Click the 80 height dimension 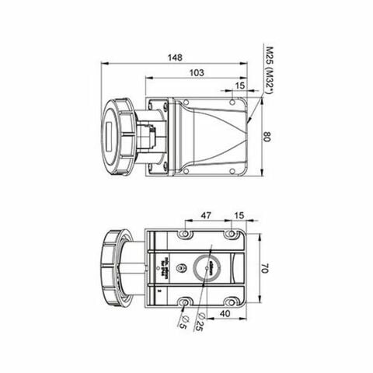click(x=267, y=137)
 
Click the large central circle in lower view click(x=210, y=266)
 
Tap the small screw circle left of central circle click(x=181, y=268)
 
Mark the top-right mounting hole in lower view click(x=232, y=235)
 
